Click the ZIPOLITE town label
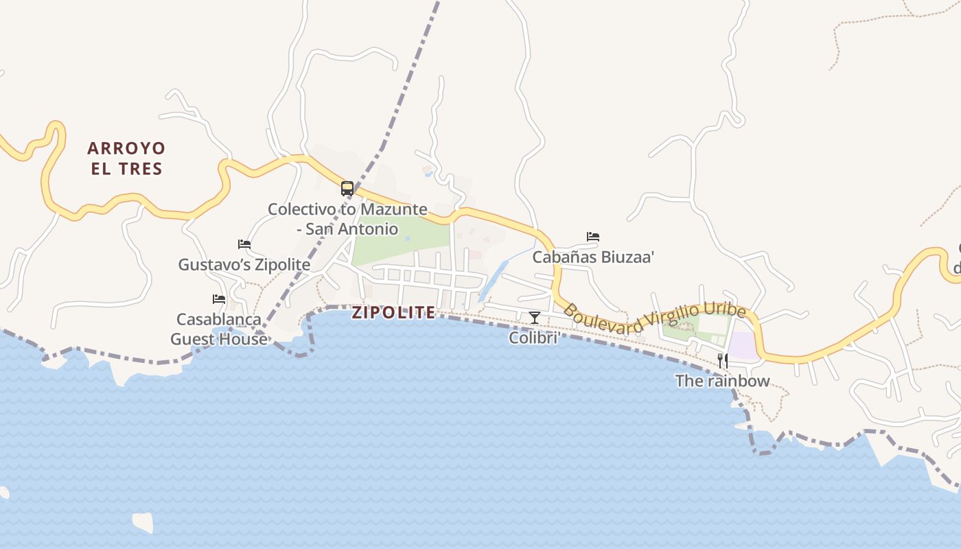pos(393,313)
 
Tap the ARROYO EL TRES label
pos(127,159)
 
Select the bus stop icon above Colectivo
pos(347,188)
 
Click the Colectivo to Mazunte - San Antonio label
pos(347,219)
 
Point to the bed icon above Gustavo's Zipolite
pos(244,244)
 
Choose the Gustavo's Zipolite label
pos(244,264)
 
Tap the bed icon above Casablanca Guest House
pos(219,299)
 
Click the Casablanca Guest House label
pos(219,329)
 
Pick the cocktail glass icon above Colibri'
pos(535,317)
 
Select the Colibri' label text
pos(535,338)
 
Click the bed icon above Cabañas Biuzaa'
pos(593,237)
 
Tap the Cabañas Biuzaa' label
pos(593,257)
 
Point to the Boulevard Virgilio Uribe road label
pos(654,318)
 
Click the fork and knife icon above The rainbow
pos(722,360)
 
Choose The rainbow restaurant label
pos(722,381)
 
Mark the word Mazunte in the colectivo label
pos(394,209)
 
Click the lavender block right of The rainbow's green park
pos(742,345)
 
